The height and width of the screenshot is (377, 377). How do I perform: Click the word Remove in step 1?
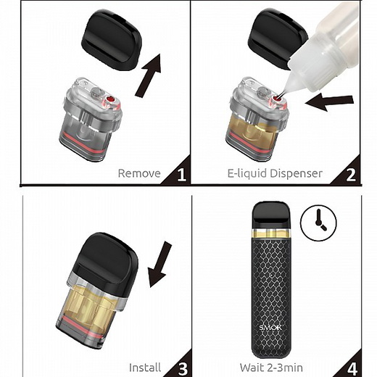coord(139,173)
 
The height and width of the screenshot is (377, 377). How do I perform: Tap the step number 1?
coord(181,174)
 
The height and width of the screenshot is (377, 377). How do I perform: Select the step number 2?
coord(351,174)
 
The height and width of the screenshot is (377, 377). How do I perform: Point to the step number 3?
coord(183,368)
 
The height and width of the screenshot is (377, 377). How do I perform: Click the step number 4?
coord(352,368)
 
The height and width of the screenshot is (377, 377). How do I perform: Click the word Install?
coord(145,368)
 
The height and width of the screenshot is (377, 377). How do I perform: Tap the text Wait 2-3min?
coord(271,368)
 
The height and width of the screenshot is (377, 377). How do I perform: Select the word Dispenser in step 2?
coord(296,173)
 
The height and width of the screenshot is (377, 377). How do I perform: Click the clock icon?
coord(318,223)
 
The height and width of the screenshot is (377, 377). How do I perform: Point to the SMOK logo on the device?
coord(270,328)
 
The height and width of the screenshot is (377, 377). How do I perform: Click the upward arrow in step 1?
coord(149,75)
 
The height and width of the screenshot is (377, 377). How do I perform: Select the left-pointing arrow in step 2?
coord(329,102)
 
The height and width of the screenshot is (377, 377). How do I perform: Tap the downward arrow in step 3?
coord(159,264)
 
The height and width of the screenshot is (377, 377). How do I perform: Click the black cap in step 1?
coord(112,40)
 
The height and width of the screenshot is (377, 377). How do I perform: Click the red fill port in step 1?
coord(110,99)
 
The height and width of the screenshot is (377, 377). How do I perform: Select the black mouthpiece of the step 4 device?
coord(271,215)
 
